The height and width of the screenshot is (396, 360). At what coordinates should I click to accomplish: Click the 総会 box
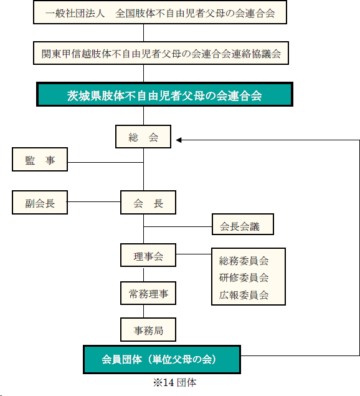pyautogui.click(x=143, y=137)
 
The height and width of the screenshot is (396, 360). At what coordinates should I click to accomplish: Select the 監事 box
pyautogui.click(x=40, y=160)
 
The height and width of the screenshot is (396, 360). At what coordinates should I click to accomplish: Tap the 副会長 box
pyautogui.click(x=40, y=203)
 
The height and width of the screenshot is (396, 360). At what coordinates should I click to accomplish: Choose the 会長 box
pyautogui.click(x=148, y=203)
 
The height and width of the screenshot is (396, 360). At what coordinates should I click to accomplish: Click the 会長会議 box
pyautogui.click(x=243, y=225)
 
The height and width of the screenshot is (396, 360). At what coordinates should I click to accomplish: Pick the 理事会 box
pyautogui.click(x=148, y=255)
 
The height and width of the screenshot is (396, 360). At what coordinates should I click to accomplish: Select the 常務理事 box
pyautogui.click(x=148, y=293)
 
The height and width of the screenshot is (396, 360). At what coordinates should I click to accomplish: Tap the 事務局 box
pyautogui.click(x=148, y=329)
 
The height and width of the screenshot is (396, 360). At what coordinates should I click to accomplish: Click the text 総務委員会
pyautogui.click(x=244, y=261)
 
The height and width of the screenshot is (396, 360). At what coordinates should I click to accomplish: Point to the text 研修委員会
pyautogui.click(x=244, y=278)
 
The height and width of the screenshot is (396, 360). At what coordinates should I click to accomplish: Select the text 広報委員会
pyautogui.click(x=244, y=295)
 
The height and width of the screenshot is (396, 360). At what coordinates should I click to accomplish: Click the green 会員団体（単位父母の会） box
pyautogui.click(x=162, y=360)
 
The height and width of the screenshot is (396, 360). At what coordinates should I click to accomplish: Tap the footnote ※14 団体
pyautogui.click(x=174, y=383)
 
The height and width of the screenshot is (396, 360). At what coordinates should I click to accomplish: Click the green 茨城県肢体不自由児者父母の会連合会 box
pyautogui.click(x=164, y=94)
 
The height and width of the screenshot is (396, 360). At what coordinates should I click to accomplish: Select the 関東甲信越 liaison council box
pyautogui.click(x=161, y=53)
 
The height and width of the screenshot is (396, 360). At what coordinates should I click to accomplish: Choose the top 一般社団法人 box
pyautogui.click(x=160, y=12)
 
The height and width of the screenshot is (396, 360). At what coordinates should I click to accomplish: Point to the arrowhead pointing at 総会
pyautogui.click(x=179, y=140)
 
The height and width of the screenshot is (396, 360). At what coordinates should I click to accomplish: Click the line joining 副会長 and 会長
pyautogui.click(x=94, y=202)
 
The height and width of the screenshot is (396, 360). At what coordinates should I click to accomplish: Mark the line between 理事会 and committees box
pyautogui.click(x=194, y=254)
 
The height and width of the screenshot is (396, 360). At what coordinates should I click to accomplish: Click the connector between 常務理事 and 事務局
pyautogui.click(x=143, y=311)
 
